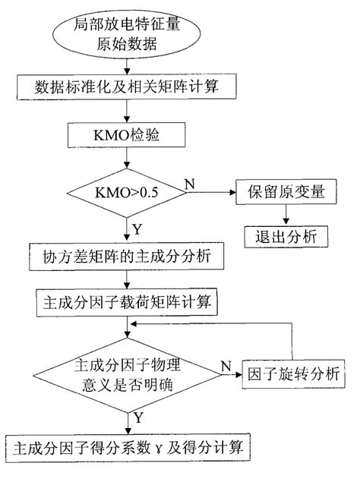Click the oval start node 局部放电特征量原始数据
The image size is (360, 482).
[127, 34]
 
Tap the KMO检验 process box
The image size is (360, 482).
[127, 137]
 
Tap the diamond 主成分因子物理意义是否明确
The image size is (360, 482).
[127, 373]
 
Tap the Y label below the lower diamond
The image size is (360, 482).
[137, 416]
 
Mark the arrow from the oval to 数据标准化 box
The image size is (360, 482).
[127, 65]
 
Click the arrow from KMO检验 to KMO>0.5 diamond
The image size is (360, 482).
[127, 158]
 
